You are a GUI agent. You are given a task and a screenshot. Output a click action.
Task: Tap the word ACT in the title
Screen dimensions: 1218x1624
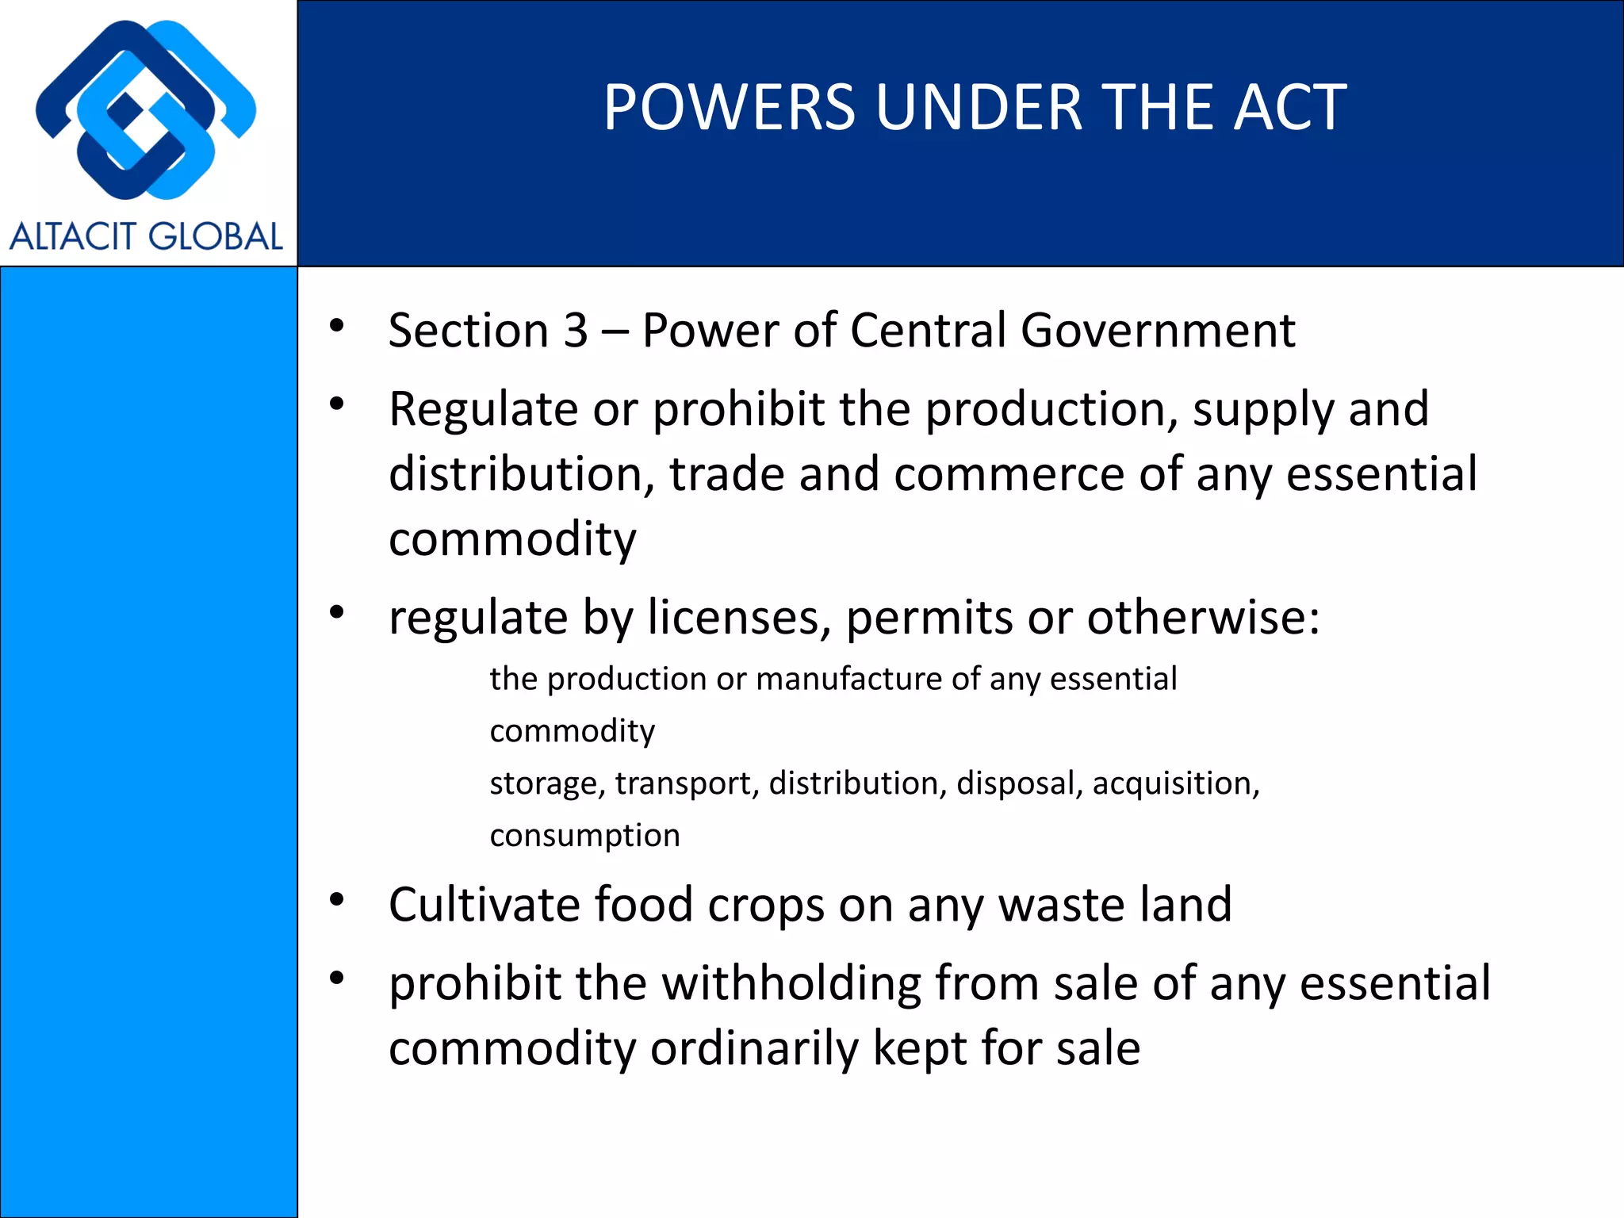[x=1289, y=108]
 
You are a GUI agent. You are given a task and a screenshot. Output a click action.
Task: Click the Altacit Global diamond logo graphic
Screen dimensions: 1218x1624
[x=146, y=110]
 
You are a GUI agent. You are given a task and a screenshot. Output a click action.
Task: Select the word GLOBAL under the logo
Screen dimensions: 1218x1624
[x=215, y=236]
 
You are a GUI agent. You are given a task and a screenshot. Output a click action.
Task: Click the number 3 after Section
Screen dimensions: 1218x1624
[x=576, y=331]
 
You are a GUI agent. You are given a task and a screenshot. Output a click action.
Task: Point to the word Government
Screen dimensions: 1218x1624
[x=1158, y=331]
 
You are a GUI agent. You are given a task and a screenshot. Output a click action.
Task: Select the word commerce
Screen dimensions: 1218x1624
[x=1009, y=475]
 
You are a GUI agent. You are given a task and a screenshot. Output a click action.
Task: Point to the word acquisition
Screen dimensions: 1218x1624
[x=1175, y=784]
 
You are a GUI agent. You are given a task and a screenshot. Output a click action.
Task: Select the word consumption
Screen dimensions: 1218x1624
[x=584, y=836]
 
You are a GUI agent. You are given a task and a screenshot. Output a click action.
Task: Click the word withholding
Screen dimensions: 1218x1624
[x=791, y=984]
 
